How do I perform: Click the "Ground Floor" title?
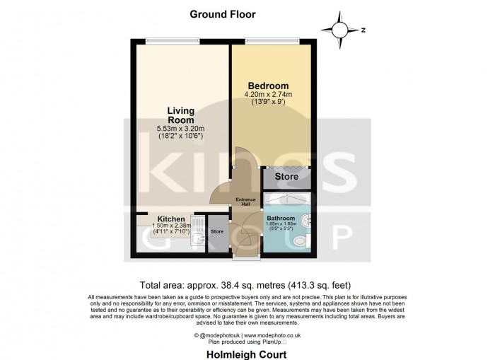click(222, 13)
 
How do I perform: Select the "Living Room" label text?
click(180, 115)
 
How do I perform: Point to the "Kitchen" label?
click(170, 219)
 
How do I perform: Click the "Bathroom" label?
click(281, 218)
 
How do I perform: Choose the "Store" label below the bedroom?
click(286, 175)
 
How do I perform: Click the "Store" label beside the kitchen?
click(217, 231)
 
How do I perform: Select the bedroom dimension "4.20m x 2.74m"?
click(268, 94)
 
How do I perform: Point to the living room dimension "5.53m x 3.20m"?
click(180, 129)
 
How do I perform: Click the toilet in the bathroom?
click(301, 243)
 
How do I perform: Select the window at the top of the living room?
click(167, 41)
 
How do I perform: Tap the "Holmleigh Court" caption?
click(247, 354)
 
